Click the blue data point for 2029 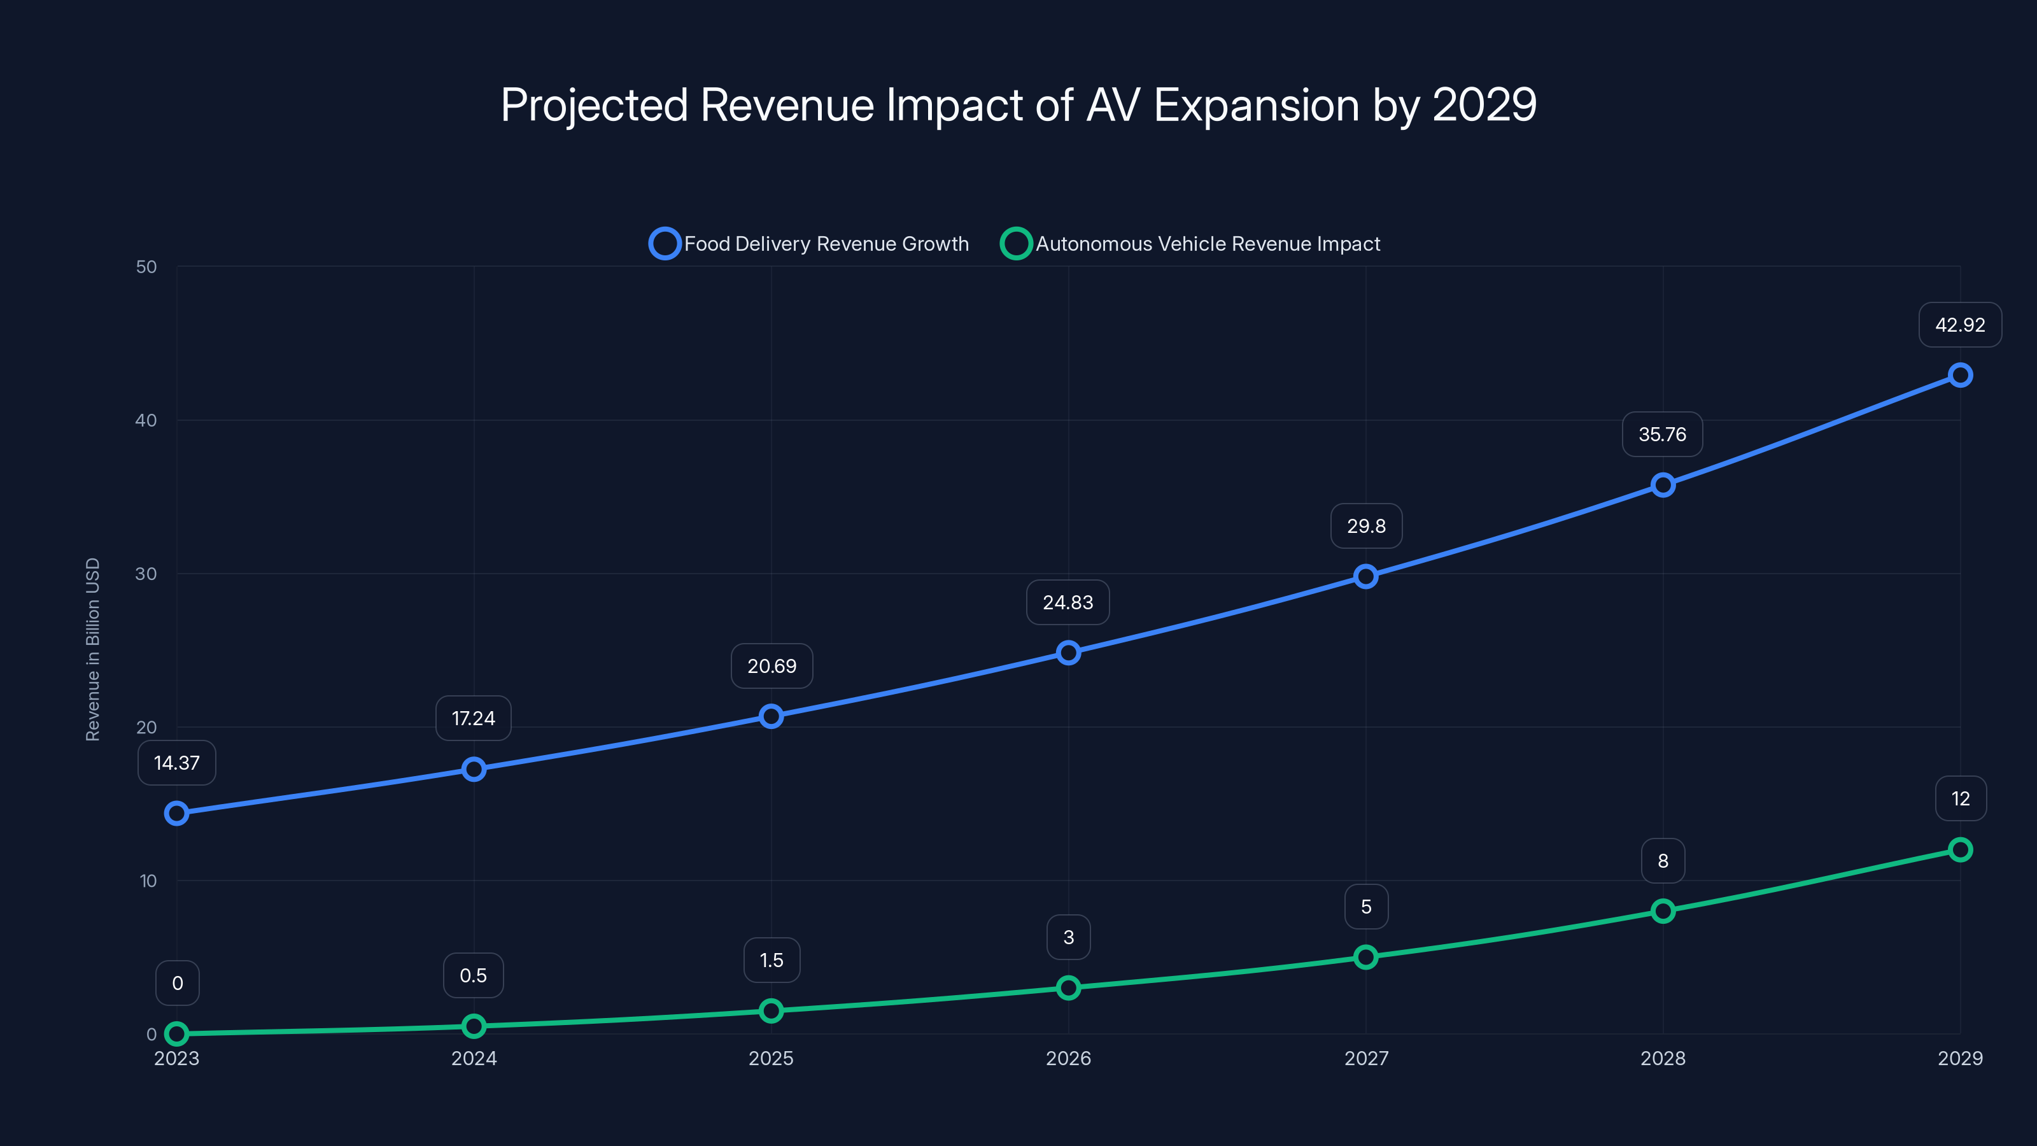[x=1959, y=375]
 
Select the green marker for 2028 [x=1662, y=910]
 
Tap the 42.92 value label [x=1959, y=325]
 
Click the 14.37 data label [x=176, y=763]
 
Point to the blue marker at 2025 [x=771, y=716]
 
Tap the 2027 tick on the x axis [x=1365, y=1058]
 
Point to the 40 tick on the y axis [x=146, y=420]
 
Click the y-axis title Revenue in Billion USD [x=92, y=649]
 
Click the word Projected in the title [x=594, y=105]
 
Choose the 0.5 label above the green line [x=473, y=976]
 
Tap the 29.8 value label [x=1365, y=526]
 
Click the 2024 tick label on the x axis [x=474, y=1058]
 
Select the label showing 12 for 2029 [x=1959, y=799]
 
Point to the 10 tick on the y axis [x=148, y=881]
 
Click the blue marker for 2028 [x=1662, y=485]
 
